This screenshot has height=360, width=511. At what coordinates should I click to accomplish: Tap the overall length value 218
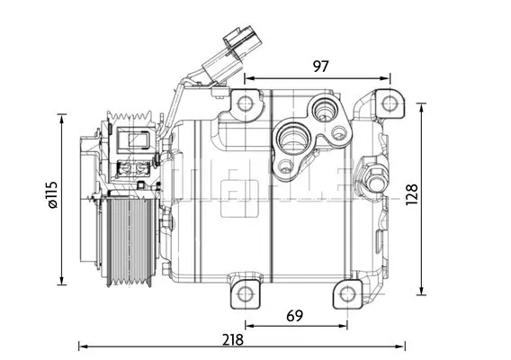233,340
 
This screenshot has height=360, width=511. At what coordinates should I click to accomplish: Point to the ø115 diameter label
51,195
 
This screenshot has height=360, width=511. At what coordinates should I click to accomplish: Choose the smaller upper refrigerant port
320,112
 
